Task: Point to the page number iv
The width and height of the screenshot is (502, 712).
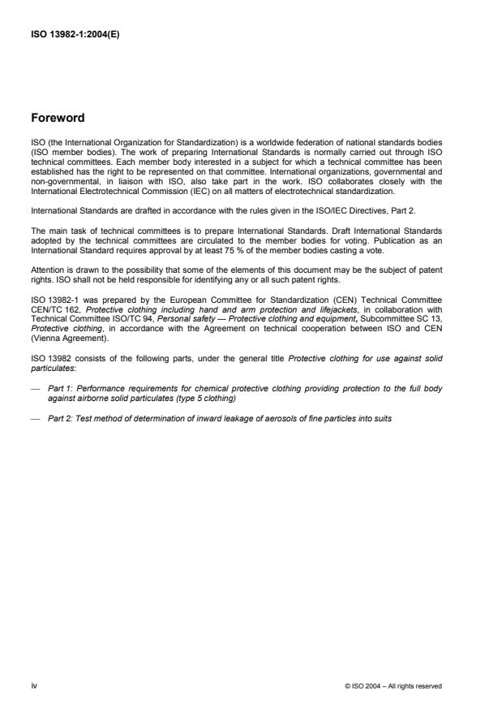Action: click(34, 685)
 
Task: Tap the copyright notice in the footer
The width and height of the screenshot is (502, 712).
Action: click(393, 686)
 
